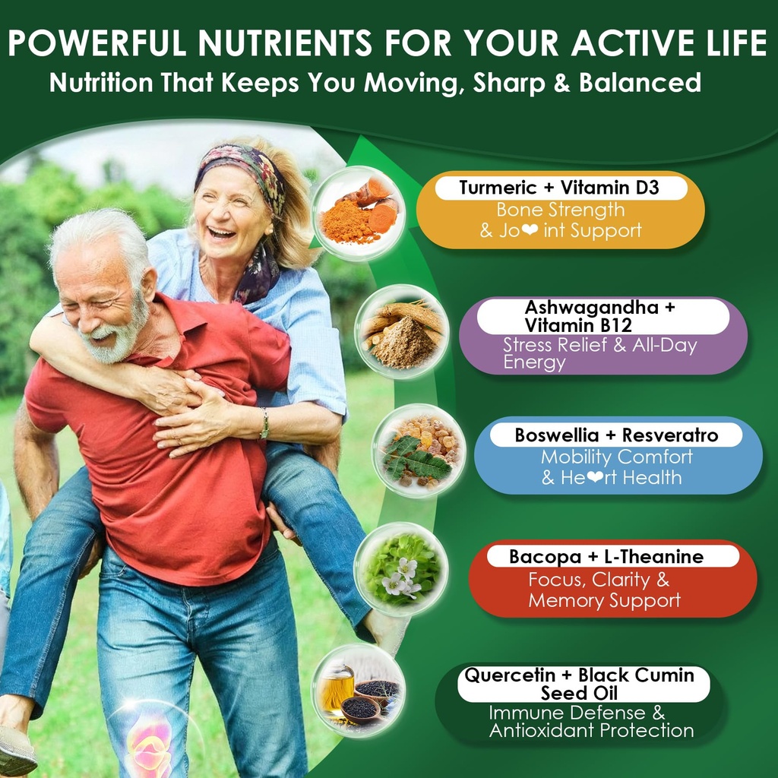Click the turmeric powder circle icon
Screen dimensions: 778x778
(x=359, y=213)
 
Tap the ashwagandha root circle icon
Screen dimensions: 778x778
(x=401, y=331)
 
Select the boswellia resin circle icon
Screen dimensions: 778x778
(x=419, y=451)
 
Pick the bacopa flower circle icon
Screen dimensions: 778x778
(x=400, y=569)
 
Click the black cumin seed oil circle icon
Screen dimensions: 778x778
(x=358, y=690)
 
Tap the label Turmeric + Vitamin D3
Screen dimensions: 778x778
(x=559, y=188)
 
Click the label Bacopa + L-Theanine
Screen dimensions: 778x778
(x=606, y=556)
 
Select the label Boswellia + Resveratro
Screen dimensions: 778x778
(x=616, y=435)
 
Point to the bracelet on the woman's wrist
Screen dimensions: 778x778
(x=264, y=424)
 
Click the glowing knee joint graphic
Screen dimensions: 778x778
(x=150, y=745)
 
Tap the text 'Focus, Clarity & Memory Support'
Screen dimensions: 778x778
(x=605, y=591)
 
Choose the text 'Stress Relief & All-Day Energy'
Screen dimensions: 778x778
(x=599, y=354)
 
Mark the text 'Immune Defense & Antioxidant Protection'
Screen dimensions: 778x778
(x=591, y=723)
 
